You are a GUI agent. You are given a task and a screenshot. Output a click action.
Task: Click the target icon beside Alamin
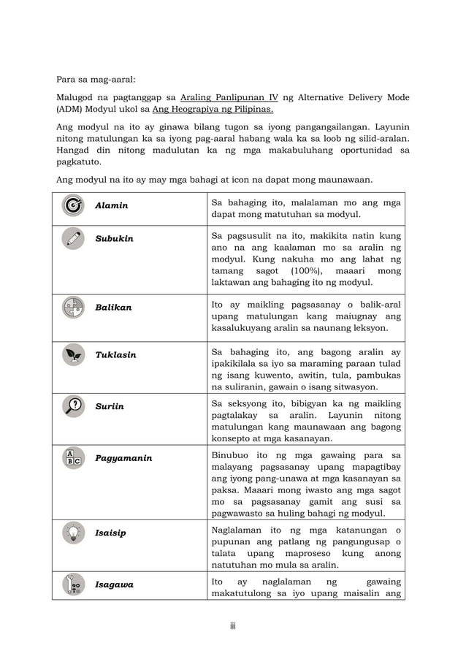[73, 205]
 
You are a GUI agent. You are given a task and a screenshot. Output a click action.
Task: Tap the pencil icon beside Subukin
[73, 239]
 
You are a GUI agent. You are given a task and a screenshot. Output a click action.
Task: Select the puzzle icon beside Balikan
[73, 308]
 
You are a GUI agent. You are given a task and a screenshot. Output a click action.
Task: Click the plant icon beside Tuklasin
[73, 354]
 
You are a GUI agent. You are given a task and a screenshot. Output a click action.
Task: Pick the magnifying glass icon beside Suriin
[73, 406]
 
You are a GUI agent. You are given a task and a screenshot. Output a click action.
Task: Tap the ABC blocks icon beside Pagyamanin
[73, 458]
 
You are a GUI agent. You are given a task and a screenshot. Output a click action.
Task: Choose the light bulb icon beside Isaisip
[73, 533]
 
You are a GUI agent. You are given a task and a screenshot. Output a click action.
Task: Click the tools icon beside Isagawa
[73, 584]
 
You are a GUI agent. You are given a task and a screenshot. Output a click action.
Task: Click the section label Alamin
[111, 205]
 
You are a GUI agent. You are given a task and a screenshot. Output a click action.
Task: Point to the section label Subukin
[114, 239]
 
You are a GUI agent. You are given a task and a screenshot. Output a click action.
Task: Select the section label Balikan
[113, 308]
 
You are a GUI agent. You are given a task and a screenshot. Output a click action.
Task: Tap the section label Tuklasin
[115, 354]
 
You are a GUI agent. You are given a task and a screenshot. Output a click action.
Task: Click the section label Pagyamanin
[123, 458]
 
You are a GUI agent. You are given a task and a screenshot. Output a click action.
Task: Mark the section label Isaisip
[110, 533]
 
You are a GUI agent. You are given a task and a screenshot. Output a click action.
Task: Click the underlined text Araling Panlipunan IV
[229, 98]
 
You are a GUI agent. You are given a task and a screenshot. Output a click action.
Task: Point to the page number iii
[232, 626]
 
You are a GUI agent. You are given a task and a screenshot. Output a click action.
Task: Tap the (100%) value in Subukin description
[297, 271]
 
